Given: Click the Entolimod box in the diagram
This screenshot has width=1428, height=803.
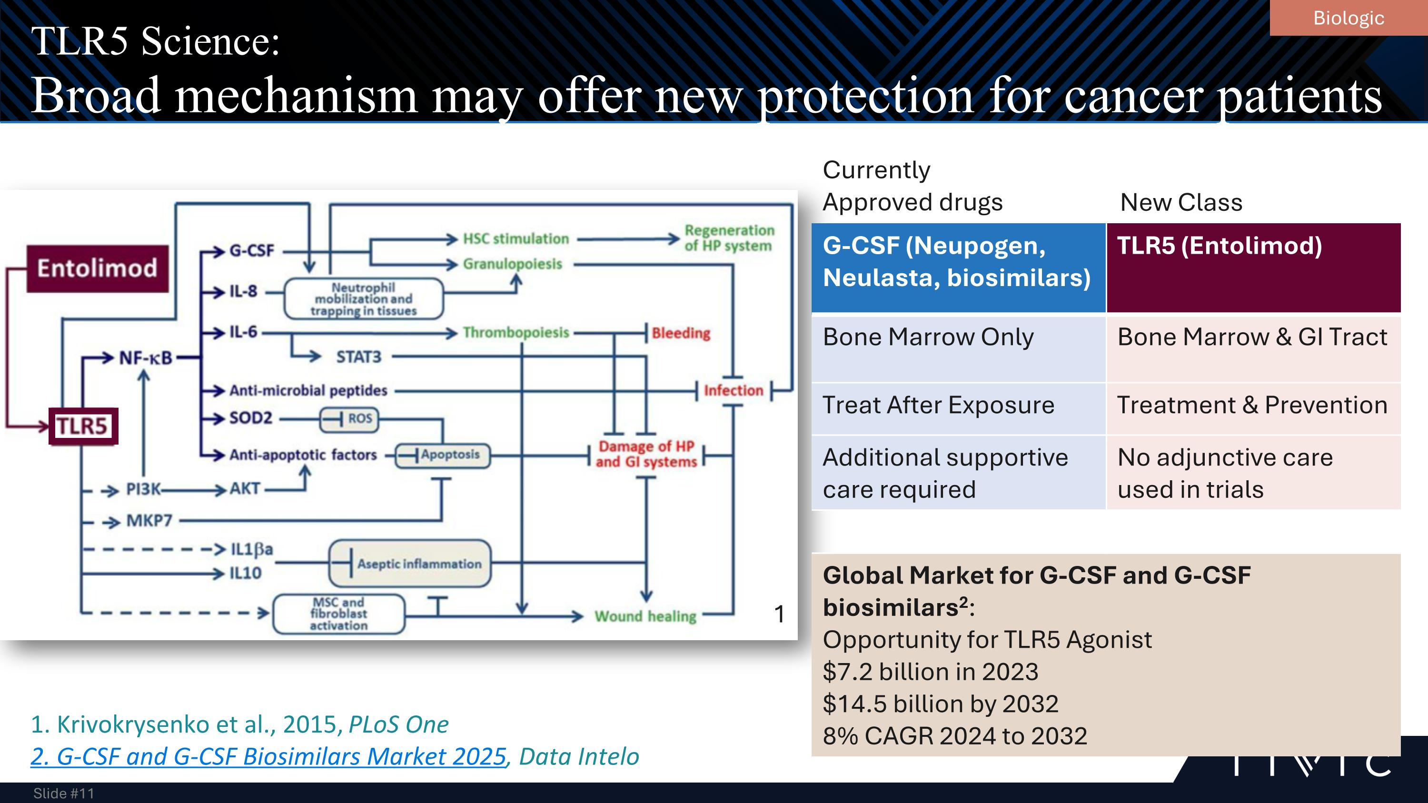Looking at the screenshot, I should pos(98,268).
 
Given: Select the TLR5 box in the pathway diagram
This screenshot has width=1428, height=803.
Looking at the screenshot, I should pos(83,426).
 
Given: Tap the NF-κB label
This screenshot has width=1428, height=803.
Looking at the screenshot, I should pos(146,358).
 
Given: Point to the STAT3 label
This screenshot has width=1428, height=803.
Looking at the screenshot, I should pos(358,357).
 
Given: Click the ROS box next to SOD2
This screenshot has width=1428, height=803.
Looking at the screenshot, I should pos(350,419).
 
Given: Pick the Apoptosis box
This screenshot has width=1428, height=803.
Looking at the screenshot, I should pos(443,455).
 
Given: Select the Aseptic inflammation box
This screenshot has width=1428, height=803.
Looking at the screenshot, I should pos(410,564).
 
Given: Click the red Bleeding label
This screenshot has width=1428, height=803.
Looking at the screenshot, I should pos(681,333).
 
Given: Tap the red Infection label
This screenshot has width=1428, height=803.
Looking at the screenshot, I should pos(734,391).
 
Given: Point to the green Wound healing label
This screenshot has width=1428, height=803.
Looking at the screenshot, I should pos(645,616).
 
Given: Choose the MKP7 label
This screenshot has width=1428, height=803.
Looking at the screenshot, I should pos(149,521).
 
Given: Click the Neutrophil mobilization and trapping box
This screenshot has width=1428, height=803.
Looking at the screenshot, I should pos(364,299).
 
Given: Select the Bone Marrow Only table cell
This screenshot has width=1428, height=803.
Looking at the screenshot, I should pos(929,337).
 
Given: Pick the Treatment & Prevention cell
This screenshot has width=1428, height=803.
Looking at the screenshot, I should pos(1252,405).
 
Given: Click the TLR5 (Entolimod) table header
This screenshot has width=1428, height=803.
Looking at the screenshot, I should pos(1220,246).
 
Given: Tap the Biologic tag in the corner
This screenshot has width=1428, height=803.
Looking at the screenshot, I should pos(1348,18).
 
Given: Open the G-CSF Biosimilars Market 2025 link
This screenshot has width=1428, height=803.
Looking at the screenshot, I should pos(269,756).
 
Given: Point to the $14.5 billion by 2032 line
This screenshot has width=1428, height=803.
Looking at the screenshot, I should pos(941,704).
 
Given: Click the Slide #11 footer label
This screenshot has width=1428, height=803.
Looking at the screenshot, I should pos(64,793).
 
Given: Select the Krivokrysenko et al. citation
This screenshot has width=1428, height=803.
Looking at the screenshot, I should pos(239,724).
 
